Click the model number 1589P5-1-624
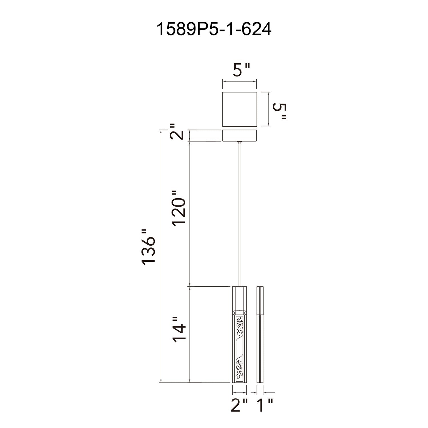214,30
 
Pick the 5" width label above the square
241,70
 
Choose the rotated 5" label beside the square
280,112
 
